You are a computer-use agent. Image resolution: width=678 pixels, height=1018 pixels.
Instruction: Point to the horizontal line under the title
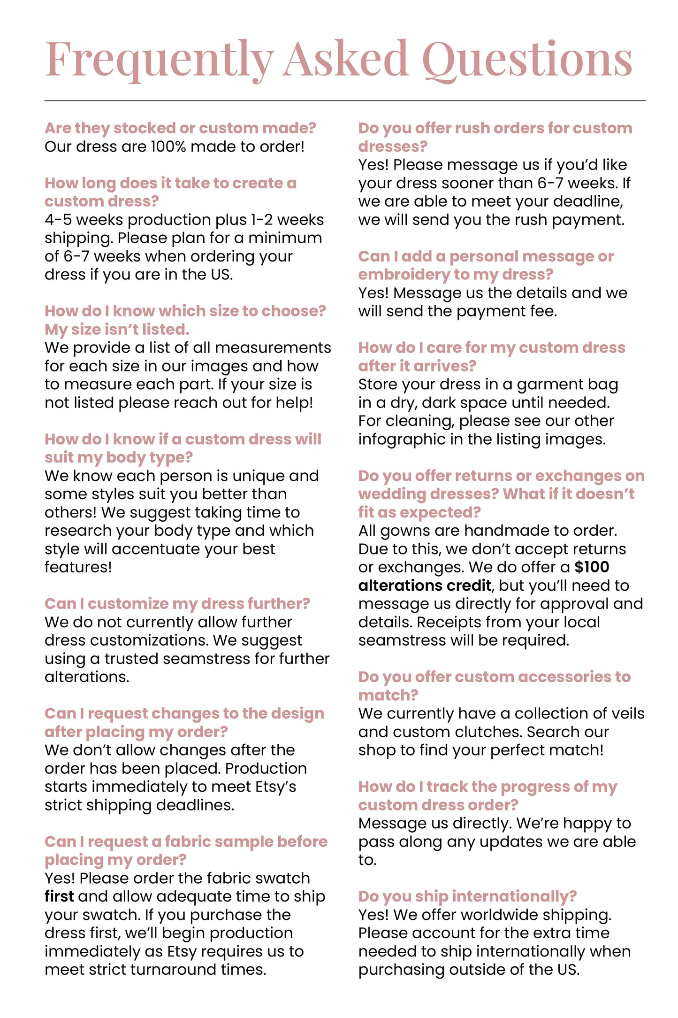coord(345,100)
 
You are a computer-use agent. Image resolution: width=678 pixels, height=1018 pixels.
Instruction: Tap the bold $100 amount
coord(592,567)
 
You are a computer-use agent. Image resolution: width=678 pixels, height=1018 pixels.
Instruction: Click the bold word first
coord(59,896)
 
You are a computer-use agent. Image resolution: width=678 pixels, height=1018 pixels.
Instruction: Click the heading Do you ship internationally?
coord(467,896)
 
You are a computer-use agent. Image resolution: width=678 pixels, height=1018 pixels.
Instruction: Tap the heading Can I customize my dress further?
coord(177,604)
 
